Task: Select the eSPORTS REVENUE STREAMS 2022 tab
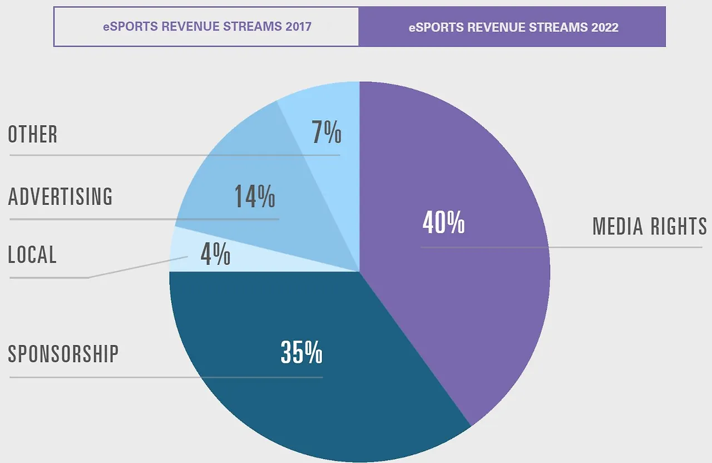(512, 27)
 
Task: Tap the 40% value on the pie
(443, 223)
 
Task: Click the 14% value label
(254, 196)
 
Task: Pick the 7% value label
(326, 134)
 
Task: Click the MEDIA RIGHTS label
(649, 226)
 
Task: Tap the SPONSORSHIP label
(63, 354)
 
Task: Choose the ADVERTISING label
(60, 196)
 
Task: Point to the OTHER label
(33, 135)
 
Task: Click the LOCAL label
(32, 254)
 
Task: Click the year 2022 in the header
(605, 27)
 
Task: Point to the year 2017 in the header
(299, 27)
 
